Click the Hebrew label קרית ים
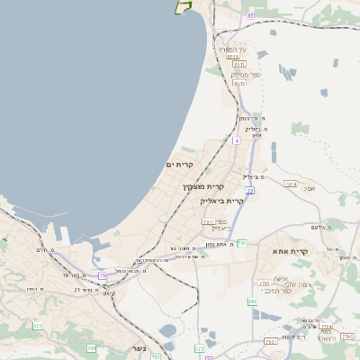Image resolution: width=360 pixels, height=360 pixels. (x=180, y=165)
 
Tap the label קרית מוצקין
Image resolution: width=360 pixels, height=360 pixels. (x=203, y=186)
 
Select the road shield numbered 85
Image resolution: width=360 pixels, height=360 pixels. (x=250, y=15)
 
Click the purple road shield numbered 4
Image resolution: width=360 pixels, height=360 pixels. (x=237, y=141)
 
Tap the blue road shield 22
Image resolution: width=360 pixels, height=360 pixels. (x=249, y=190)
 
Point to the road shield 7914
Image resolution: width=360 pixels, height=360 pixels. (x=290, y=184)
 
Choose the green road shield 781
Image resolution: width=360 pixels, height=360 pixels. (x=242, y=243)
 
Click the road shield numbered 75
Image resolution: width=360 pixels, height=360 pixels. (x=103, y=275)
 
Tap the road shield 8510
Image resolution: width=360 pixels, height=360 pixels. (x=233, y=57)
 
